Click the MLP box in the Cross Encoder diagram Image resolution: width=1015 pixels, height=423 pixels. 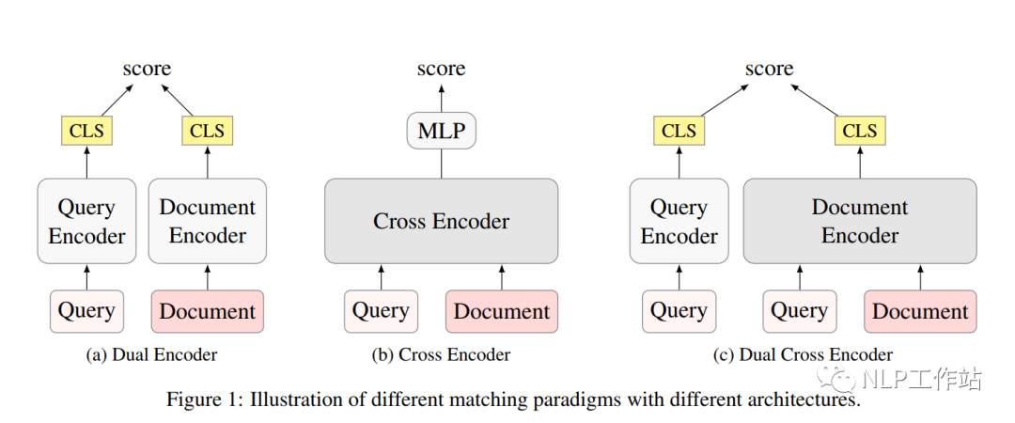pos(442,131)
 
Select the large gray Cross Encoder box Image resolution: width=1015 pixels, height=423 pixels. pos(442,222)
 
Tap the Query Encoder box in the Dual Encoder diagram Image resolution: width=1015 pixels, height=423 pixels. pos(86,222)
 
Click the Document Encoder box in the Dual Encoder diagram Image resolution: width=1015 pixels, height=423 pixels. pos(208,222)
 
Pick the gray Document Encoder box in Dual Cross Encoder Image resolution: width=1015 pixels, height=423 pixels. pos(860,222)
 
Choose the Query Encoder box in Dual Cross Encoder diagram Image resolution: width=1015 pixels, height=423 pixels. pos(679,222)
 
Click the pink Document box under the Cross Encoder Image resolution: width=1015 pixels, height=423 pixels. pos(502,311)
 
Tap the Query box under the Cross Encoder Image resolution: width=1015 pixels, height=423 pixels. pos(381,311)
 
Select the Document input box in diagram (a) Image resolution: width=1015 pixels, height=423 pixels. pos(208,311)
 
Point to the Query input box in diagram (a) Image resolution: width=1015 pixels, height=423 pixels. pos(86,311)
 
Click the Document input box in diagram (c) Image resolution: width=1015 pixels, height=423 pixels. pos(920,311)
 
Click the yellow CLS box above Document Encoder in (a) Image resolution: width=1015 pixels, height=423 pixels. pos(208,131)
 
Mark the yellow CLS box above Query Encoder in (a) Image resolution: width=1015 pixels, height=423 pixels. pos(86,131)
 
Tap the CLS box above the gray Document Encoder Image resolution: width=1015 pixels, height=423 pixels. pos(860,131)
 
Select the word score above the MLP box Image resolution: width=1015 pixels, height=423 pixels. pos(442,69)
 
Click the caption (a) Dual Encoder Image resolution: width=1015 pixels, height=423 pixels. pos(151,354)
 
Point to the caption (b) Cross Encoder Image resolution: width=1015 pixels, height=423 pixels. pos(442,354)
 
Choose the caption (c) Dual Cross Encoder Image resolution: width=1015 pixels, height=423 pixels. pos(803,354)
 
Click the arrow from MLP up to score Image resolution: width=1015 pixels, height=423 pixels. pos(442,98)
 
